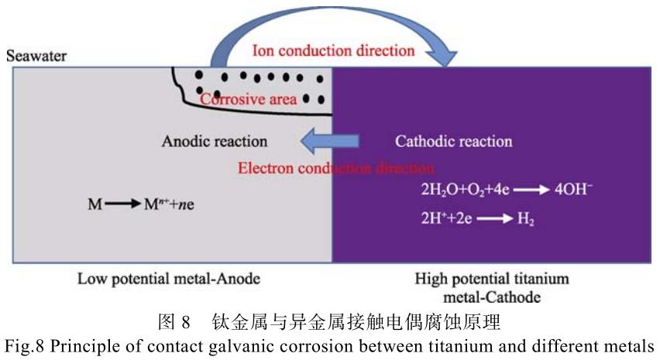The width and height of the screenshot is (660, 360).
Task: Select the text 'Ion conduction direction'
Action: pos(334,51)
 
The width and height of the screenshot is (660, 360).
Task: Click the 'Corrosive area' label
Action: pos(248,100)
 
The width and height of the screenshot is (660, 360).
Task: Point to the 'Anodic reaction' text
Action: pos(215,142)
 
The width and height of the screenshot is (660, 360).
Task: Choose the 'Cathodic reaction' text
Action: pos(453,142)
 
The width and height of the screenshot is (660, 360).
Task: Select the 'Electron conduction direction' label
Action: pos(335,167)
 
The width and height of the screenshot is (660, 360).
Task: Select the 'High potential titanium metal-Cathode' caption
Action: pos(493,286)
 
